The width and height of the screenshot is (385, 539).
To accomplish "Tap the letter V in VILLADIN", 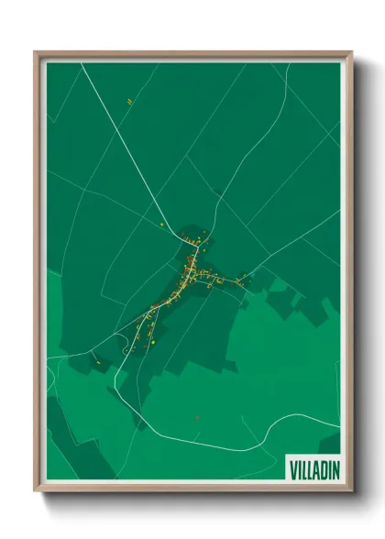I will coord(293,467).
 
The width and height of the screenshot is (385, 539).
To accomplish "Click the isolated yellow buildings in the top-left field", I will coord(130,101).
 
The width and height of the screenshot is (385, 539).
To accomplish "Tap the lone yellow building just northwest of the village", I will coord(161,224).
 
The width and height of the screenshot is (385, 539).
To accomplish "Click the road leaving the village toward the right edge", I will coord(293,247).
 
